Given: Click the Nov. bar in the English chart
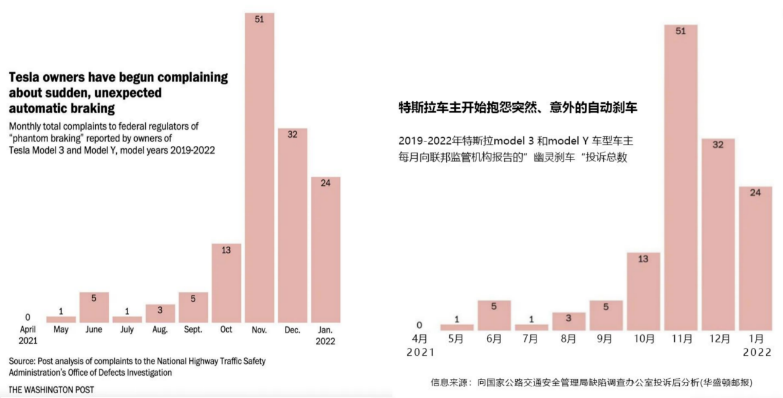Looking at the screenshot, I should pyautogui.click(x=259, y=167).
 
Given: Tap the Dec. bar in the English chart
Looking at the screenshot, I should pyautogui.click(x=292, y=225).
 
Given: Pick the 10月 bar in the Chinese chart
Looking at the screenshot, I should pyautogui.click(x=643, y=291).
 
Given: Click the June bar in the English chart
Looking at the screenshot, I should pyautogui.click(x=94, y=307).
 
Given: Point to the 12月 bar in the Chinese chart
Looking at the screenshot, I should pyautogui.click(x=718, y=234).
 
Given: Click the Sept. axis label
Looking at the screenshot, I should pyautogui.click(x=193, y=330).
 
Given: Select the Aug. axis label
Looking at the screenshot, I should pyautogui.click(x=160, y=330).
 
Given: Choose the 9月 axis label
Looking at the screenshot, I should pyautogui.click(x=605, y=339).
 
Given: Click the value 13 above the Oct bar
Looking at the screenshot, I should pyautogui.click(x=226, y=250).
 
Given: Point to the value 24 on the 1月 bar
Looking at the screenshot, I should pyautogui.click(x=755, y=192).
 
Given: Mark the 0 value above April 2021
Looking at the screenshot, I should pyautogui.click(x=27, y=317).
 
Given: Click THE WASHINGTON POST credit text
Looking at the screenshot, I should pyautogui.click(x=52, y=390).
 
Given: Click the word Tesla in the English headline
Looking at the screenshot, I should pyautogui.click(x=25, y=78).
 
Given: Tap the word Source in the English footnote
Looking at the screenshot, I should pyautogui.click(x=23, y=361).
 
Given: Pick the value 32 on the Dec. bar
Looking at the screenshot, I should pyautogui.click(x=292, y=134).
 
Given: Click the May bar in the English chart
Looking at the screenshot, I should pyautogui.click(x=61, y=320).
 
